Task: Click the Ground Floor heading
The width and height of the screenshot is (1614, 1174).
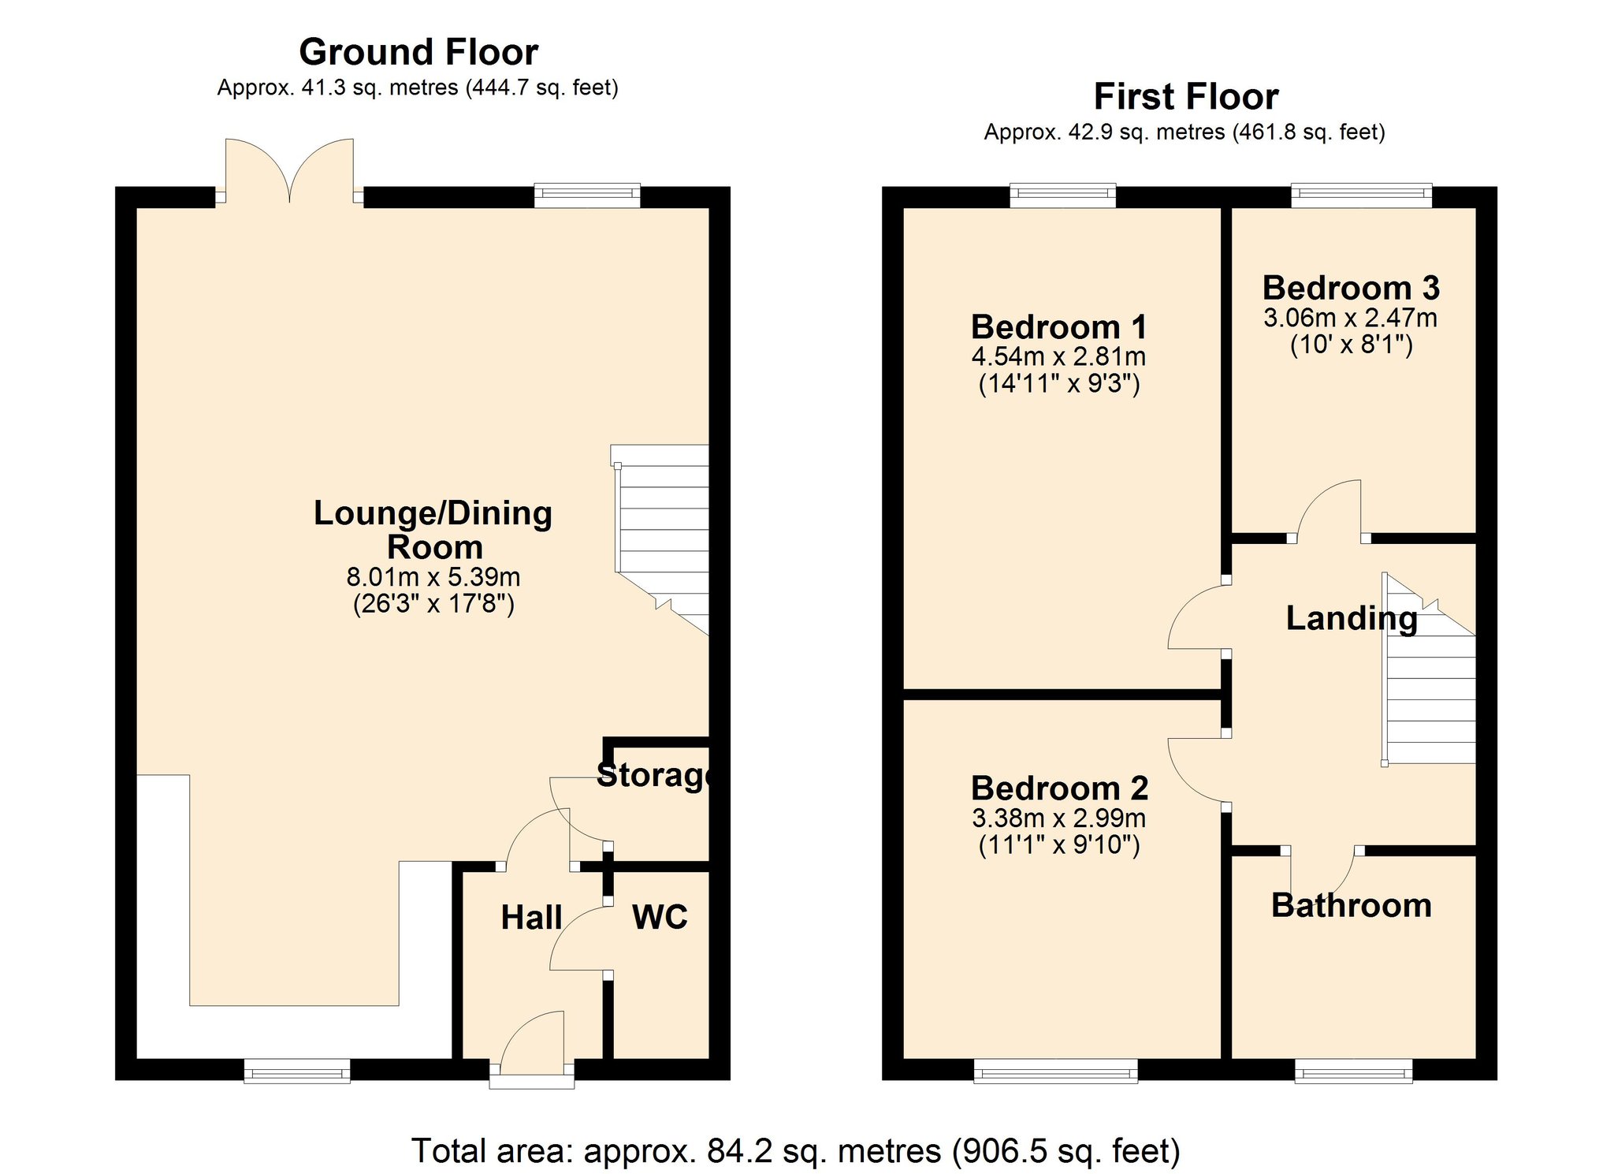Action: (x=418, y=53)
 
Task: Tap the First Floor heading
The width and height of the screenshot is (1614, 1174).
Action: (x=1185, y=97)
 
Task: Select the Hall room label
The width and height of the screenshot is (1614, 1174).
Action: (x=531, y=918)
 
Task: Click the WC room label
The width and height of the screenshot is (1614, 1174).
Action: (x=660, y=917)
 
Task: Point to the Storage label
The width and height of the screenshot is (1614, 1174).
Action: (x=654, y=775)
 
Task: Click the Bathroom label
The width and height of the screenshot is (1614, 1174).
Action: (x=1351, y=905)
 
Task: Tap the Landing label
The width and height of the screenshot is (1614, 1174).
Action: (x=1351, y=618)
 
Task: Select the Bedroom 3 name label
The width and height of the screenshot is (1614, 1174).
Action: (x=1351, y=288)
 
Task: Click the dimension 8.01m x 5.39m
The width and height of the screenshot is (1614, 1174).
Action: (x=433, y=577)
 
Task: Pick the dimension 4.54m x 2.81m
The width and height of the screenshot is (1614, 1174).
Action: (x=1058, y=356)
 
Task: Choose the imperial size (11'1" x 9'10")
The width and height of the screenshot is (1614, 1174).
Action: (x=1058, y=845)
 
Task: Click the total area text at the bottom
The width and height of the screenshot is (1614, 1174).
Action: (x=796, y=1151)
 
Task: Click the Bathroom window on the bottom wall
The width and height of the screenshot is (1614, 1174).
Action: (x=1353, y=1071)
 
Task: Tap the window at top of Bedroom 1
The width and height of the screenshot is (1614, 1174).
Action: (x=1062, y=195)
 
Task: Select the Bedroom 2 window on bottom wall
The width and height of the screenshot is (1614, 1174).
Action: (x=1055, y=1071)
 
